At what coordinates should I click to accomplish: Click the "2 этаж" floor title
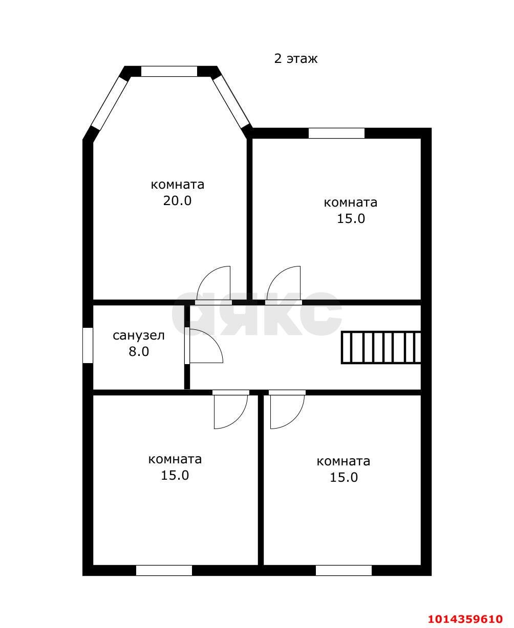pos(296,59)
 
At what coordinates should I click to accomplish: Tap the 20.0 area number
pos(177,200)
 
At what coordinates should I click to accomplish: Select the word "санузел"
pos(139,336)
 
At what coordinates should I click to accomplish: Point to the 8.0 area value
pos(139,352)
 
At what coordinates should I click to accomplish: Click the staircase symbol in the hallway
pos(381,348)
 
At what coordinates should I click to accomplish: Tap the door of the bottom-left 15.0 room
pos(231,409)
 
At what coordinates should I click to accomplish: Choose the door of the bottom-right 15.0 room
pos(287,409)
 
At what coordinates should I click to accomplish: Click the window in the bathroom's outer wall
pos(88,345)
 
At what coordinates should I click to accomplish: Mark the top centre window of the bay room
pos(169,72)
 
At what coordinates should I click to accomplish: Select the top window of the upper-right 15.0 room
pos(336,133)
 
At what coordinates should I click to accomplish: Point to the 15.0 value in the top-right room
pos(351,218)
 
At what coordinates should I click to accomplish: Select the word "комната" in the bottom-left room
pos(175,459)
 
